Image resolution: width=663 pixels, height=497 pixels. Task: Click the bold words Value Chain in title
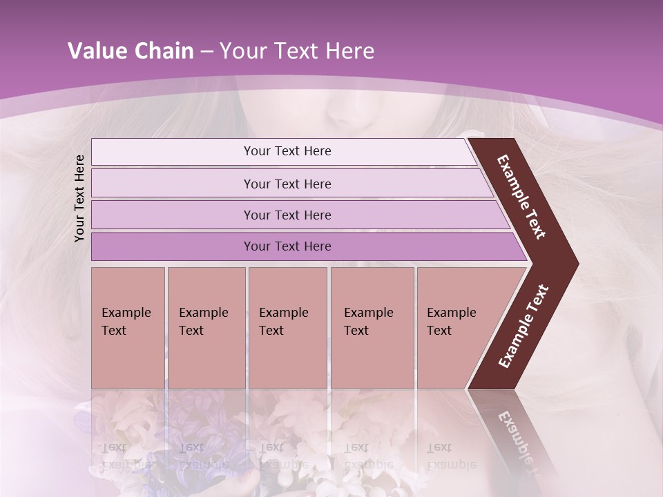click(x=131, y=51)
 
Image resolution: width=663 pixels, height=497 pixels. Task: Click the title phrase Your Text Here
click(x=297, y=51)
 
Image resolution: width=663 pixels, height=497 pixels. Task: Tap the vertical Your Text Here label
click(x=79, y=198)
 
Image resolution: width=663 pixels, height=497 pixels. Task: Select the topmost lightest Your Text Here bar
click(x=287, y=151)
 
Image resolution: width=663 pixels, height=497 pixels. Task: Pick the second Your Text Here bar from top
click(x=287, y=184)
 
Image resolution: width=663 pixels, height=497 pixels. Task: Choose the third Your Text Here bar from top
click(x=287, y=215)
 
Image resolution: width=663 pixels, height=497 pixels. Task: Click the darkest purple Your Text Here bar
click(x=287, y=246)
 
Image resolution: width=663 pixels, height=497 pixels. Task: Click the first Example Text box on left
click(x=128, y=327)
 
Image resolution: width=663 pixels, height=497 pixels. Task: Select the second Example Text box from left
click(x=206, y=327)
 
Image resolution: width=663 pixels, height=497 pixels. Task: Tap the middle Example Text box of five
click(x=287, y=327)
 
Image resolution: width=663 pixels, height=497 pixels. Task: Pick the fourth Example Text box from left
click(x=372, y=327)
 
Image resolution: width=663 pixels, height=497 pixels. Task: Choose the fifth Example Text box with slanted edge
click(x=456, y=327)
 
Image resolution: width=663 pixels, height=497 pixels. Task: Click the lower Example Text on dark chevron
click(x=523, y=326)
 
